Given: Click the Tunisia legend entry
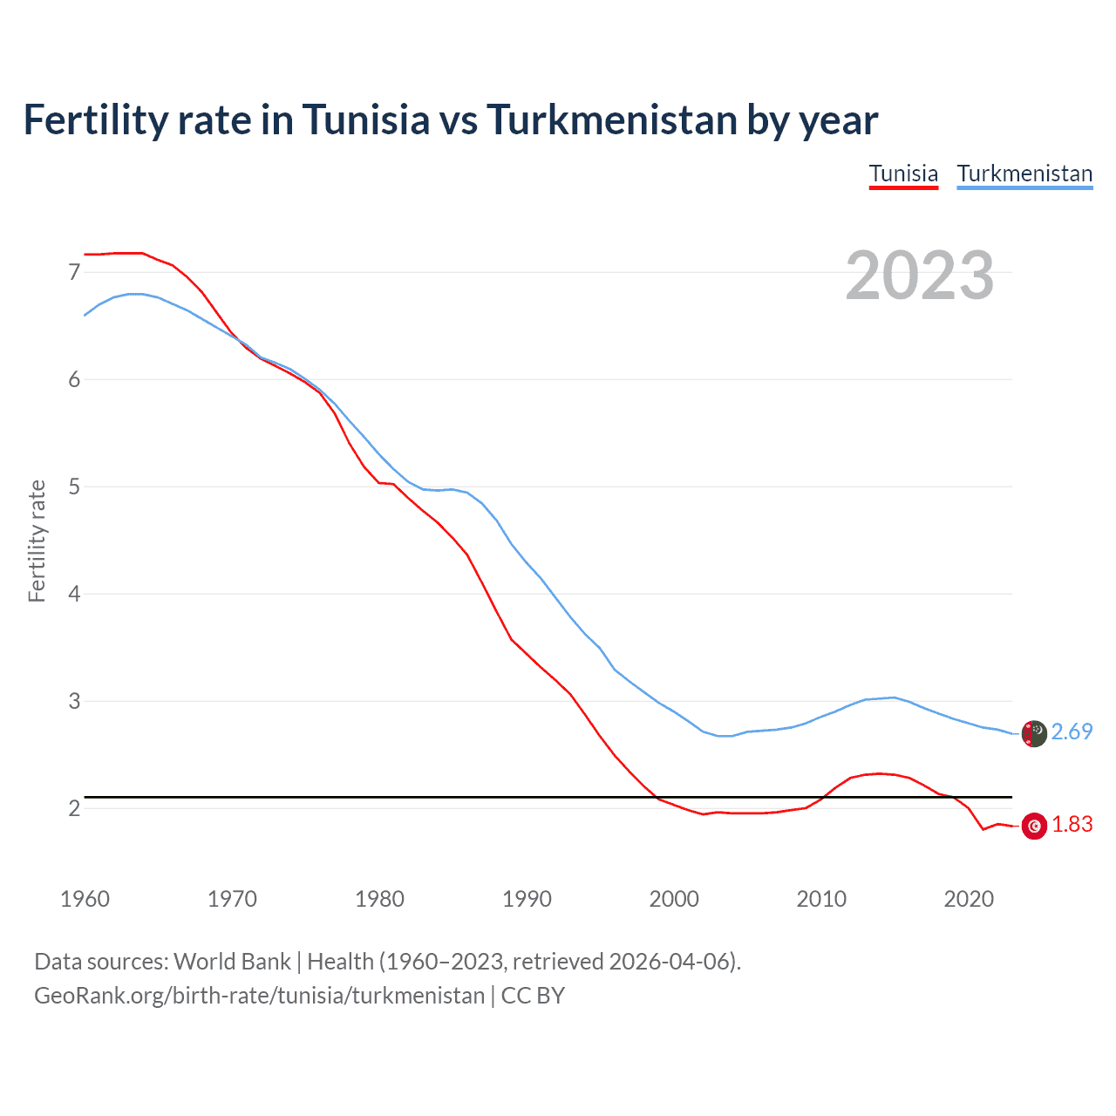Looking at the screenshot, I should click(x=903, y=174).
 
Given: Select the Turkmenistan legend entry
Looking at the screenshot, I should click(x=1024, y=174).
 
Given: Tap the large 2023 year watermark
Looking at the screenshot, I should click(x=920, y=276).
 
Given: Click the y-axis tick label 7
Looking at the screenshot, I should click(x=74, y=272).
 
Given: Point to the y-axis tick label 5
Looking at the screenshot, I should click(x=74, y=487).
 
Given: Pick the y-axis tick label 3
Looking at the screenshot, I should click(x=74, y=701).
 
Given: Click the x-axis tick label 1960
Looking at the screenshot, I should click(x=85, y=899).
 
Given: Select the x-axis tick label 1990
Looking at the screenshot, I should click(x=527, y=899).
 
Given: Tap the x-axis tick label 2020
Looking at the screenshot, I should click(x=969, y=899).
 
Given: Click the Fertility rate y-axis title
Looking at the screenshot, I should click(x=37, y=541).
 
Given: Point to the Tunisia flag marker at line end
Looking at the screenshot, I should click(x=1034, y=826).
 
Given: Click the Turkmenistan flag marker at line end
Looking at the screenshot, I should click(x=1034, y=733).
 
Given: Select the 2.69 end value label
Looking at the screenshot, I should click(x=1072, y=732).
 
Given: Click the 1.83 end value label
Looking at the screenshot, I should click(x=1072, y=824).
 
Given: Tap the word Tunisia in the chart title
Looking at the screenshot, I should click(x=365, y=119).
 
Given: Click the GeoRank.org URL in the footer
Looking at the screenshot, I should click(x=259, y=995).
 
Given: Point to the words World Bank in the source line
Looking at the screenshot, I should click(x=232, y=961).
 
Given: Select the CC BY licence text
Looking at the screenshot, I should click(x=533, y=995).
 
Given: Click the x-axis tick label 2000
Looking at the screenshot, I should click(x=674, y=899).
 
